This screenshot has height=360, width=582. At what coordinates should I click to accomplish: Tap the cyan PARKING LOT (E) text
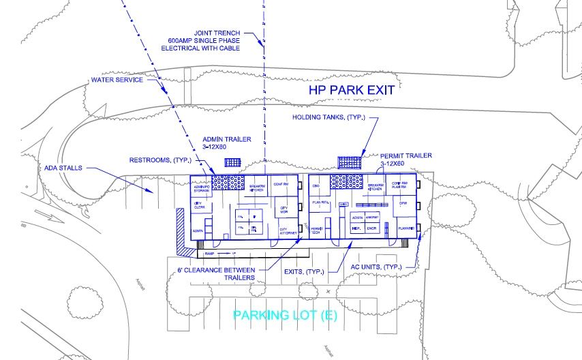[x=286, y=316]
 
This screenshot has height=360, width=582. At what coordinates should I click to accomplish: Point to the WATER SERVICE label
[x=117, y=80]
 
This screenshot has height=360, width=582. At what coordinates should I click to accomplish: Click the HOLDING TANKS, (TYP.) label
[x=326, y=117]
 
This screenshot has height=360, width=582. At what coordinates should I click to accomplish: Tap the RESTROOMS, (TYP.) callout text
[x=162, y=160]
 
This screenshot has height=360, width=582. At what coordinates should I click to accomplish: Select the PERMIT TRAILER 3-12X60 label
[x=405, y=160]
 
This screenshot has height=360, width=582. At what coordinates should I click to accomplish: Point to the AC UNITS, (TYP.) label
[x=376, y=266]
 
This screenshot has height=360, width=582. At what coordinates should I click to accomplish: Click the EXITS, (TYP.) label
[x=303, y=271]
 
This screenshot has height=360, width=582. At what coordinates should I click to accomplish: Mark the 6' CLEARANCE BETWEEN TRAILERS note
[x=211, y=274]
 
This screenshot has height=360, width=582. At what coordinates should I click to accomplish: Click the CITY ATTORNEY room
[x=288, y=231]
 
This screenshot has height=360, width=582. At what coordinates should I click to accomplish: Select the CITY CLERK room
[x=199, y=205]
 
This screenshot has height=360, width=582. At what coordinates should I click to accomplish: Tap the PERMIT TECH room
[x=317, y=231]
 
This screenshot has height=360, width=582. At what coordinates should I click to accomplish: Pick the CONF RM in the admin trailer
[x=281, y=184]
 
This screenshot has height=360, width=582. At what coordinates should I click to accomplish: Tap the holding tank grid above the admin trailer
[x=232, y=163]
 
